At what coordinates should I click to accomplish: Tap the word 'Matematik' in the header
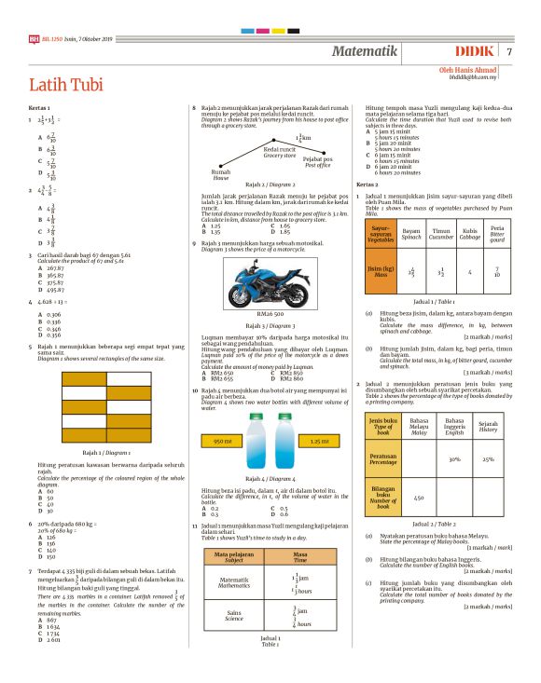pyautogui.click(x=371, y=50)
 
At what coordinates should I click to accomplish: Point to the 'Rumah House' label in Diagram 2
pyautogui.click(x=221, y=174)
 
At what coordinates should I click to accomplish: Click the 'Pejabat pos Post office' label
pyautogui.click(x=317, y=162)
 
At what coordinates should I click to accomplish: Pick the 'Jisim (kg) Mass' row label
pyautogui.click(x=380, y=272)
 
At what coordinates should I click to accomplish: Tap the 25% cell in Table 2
pyautogui.click(x=488, y=459)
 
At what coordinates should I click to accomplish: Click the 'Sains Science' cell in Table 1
pyautogui.click(x=234, y=614)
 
